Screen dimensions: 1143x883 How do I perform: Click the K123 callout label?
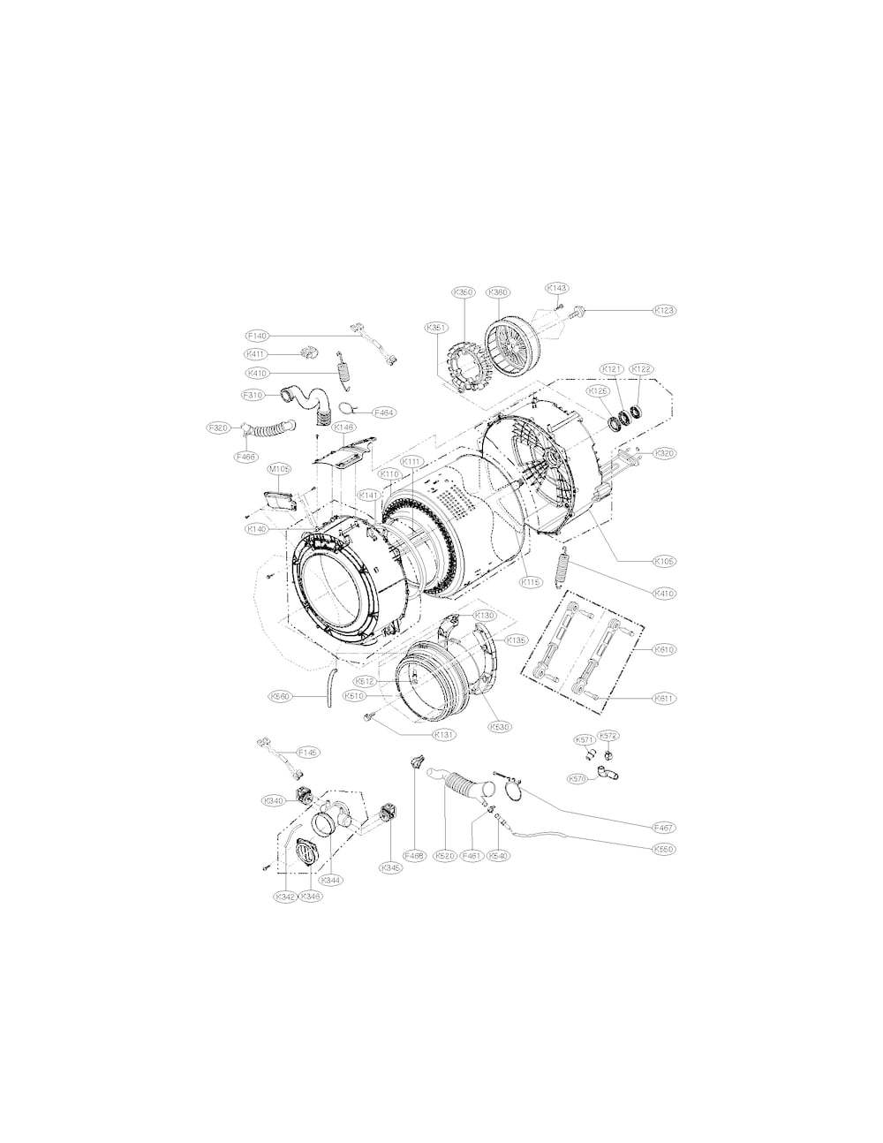pyautogui.click(x=664, y=310)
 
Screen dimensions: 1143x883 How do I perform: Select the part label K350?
pyautogui.click(x=464, y=292)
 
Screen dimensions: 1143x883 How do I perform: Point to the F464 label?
pyautogui.click(x=386, y=412)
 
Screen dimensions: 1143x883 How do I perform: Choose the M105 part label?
pyautogui.click(x=280, y=469)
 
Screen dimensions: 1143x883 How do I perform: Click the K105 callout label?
pyautogui.click(x=664, y=560)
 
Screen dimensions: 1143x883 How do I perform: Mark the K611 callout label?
pyautogui.click(x=664, y=698)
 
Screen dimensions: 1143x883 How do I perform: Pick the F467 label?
pyautogui.click(x=664, y=828)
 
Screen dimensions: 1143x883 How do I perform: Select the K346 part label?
pyautogui.click(x=311, y=896)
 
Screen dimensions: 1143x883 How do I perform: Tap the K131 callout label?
pyautogui.click(x=443, y=734)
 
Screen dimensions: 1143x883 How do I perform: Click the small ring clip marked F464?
pyautogui.click(x=350, y=408)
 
